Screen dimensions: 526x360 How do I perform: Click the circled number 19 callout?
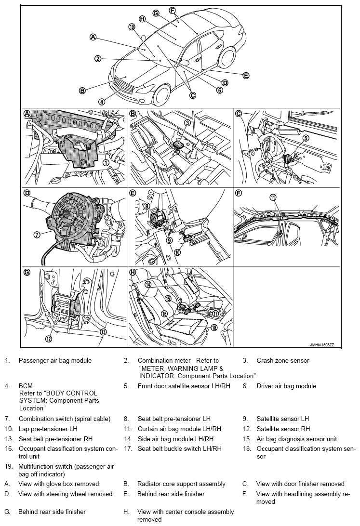[132, 26]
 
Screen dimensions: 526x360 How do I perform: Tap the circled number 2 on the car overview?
[98, 59]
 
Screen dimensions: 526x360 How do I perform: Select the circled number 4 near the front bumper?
[102, 102]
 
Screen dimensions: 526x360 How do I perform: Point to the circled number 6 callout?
[220, 90]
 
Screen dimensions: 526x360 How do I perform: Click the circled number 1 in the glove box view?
[105, 162]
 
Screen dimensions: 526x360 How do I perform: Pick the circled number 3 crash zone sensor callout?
[187, 123]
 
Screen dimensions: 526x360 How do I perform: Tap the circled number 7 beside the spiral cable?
[36, 235]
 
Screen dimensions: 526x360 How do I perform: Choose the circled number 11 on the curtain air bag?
[273, 197]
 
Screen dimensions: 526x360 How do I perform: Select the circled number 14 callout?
[148, 284]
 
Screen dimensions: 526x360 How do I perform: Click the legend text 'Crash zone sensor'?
[282, 360]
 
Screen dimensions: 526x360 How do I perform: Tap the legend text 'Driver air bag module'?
[286, 386]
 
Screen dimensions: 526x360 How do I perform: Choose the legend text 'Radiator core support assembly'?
[181, 484]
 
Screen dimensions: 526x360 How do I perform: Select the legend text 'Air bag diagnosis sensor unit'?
[303, 439]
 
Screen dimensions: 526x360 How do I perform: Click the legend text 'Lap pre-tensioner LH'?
[48, 428]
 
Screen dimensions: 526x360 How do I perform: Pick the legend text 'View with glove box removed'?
[58, 484]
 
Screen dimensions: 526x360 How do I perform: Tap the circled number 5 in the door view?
[305, 138]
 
